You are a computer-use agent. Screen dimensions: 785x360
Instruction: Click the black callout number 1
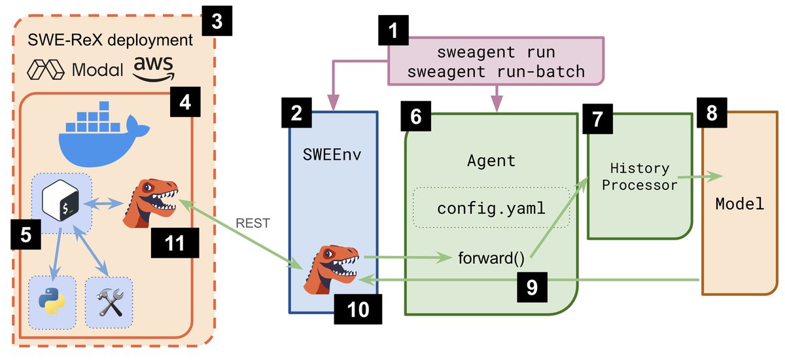pyautogui.click(x=393, y=30)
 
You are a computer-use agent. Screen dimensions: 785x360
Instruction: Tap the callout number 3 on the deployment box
pyautogui.click(x=217, y=21)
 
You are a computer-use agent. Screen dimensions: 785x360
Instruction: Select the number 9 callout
pyautogui.click(x=532, y=287)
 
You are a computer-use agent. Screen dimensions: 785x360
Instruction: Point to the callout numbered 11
pyautogui.click(x=175, y=243)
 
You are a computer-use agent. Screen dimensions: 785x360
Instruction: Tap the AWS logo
pyautogui.click(x=154, y=69)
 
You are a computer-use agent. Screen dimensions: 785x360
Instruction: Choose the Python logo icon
pyautogui.click(x=52, y=300)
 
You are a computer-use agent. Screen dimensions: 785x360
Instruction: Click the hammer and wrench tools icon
pyautogui.click(x=109, y=302)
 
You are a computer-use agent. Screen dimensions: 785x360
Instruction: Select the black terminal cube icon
pyautogui.click(x=60, y=200)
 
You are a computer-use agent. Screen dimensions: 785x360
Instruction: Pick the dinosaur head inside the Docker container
pyautogui.click(x=150, y=204)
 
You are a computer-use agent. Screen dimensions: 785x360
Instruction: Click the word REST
pyautogui.click(x=253, y=223)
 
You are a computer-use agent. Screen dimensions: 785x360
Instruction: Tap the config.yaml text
pyautogui.click(x=491, y=209)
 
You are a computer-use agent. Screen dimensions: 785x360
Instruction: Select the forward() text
pyautogui.click(x=491, y=258)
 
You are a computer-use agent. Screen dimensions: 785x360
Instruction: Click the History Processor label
pyautogui.click(x=640, y=177)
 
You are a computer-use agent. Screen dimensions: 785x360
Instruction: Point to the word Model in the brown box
pyautogui.click(x=739, y=204)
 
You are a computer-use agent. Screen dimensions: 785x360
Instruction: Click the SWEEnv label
pyautogui.click(x=332, y=154)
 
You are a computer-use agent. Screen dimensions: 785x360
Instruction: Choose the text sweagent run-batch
pyautogui.click(x=496, y=72)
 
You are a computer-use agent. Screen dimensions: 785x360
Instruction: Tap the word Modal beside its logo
pyautogui.click(x=97, y=70)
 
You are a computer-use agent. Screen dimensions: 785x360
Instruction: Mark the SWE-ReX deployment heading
pyautogui.click(x=110, y=40)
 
